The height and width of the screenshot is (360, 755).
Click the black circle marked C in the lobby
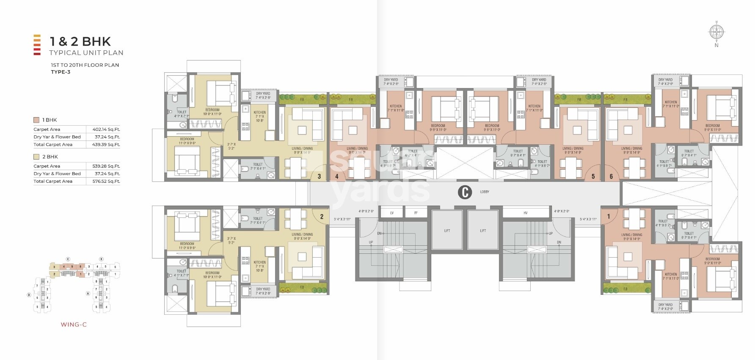coord(465,192)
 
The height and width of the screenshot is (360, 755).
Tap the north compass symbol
coord(716,32)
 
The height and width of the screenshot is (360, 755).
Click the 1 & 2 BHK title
coord(80,41)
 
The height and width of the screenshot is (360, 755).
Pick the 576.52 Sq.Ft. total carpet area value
coord(106,181)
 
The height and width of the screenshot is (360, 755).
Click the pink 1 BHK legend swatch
coord(36,120)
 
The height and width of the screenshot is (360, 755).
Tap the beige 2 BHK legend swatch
coord(36,157)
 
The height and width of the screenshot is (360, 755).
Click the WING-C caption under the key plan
coord(74,325)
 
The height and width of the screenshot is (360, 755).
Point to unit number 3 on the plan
coord(319,176)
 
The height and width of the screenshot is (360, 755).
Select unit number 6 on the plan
coord(611,176)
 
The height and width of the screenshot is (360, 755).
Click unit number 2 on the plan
coord(322,217)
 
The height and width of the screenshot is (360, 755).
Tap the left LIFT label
coord(447,231)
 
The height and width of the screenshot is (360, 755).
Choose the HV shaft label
coord(526,213)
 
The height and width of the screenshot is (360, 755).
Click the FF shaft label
coord(416,213)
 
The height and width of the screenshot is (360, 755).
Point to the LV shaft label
coord(392,213)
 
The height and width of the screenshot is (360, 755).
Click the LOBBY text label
coord(485,192)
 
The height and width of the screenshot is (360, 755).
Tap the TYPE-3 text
coord(61,72)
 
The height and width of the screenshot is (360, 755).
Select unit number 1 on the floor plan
coord(609,217)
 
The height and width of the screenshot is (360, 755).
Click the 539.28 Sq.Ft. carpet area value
coord(106,166)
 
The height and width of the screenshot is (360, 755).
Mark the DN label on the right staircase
coord(559,242)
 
